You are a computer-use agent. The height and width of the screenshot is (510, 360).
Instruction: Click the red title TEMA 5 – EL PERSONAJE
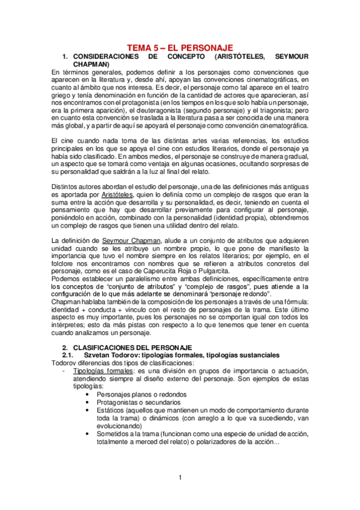point(180,48)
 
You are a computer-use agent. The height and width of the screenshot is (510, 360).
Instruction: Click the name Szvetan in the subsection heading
point(99,355)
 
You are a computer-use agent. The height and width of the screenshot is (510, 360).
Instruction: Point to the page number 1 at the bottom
point(179,478)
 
